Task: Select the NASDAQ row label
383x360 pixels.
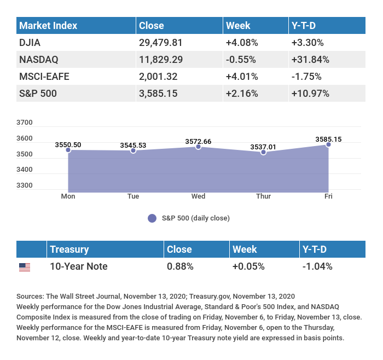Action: [x=38, y=59]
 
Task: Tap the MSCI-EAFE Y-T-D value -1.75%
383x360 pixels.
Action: [x=306, y=76]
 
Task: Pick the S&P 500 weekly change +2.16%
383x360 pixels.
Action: [x=241, y=93]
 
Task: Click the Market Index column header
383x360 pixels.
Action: [x=48, y=26]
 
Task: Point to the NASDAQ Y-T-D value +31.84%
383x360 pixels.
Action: [x=310, y=59]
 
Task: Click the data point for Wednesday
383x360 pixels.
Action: [x=199, y=147]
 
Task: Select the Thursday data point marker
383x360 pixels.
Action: [x=263, y=152]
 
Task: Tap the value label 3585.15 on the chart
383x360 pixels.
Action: [x=328, y=140]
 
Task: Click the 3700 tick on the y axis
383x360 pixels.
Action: [x=25, y=123]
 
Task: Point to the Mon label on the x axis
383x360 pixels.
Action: [x=68, y=196]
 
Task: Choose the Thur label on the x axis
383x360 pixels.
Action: [x=263, y=196]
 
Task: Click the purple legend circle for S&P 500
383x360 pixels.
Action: [x=152, y=218]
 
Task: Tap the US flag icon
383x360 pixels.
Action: [x=25, y=267]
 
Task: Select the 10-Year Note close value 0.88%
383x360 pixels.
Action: [x=180, y=266]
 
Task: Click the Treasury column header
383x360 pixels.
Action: [x=69, y=249]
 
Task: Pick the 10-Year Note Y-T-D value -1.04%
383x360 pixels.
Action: [x=317, y=266]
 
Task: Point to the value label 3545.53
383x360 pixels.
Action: [x=133, y=145]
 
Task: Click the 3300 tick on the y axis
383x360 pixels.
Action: [x=25, y=185]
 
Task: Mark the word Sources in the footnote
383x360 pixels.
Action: [x=30, y=297]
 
